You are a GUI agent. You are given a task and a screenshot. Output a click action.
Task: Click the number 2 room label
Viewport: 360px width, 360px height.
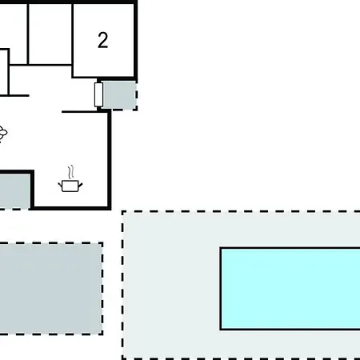(103, 40)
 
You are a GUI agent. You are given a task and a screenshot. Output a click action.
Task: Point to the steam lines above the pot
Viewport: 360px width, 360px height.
(70, 172)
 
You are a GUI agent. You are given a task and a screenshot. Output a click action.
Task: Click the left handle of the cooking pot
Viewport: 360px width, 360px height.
(60, 185)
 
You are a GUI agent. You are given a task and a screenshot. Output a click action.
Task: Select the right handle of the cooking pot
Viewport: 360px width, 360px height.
(80, 185)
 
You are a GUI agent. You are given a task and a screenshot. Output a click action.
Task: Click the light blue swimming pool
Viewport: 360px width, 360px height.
(290, 289)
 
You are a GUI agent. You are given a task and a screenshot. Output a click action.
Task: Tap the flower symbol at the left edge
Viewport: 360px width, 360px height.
(2, 133)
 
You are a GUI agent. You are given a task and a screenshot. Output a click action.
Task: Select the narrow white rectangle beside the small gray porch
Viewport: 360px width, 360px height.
(98, 94)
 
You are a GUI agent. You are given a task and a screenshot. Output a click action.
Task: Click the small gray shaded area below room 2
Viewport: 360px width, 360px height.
(119, 95)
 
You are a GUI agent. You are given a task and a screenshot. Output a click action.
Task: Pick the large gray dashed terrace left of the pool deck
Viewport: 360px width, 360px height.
(50, 289)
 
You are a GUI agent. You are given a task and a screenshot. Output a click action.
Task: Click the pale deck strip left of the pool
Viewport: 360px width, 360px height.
(171, 286)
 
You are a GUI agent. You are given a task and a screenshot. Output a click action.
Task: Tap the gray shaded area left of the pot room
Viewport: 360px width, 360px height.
(14, 191)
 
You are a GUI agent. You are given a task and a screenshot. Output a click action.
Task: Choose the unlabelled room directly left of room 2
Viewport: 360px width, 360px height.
(50, 34)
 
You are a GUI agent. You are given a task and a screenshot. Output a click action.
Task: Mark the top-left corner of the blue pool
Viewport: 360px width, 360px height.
(221, 248)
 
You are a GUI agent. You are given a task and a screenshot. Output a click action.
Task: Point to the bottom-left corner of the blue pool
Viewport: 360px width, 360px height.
(221, 330)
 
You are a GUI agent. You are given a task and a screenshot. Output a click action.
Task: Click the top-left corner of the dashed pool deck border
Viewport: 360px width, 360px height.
(122, 212)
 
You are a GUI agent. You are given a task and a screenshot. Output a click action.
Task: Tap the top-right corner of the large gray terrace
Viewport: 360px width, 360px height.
(102, 243)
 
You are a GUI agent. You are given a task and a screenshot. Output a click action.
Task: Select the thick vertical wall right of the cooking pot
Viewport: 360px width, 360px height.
(110, 160)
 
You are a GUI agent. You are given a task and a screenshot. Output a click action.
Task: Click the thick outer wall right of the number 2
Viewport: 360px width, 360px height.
(135, 40)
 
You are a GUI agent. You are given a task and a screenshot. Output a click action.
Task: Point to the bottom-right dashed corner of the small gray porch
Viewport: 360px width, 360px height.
(137, 109)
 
